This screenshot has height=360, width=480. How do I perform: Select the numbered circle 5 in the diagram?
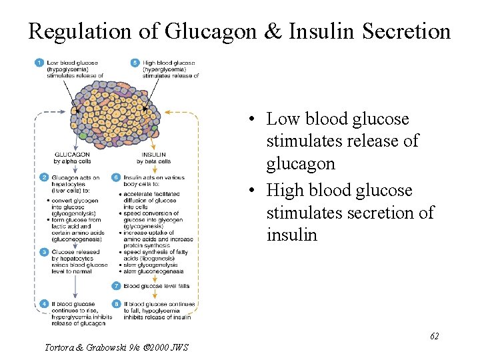135,63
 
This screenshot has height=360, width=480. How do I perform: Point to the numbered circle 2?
43,177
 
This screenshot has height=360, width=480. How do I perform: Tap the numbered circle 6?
117,177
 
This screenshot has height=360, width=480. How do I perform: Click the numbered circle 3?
43,252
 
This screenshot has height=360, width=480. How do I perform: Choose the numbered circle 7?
117,285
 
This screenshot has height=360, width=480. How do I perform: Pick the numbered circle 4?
43,305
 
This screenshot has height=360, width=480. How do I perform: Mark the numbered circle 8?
117,305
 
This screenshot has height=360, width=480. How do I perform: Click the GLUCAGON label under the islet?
72,155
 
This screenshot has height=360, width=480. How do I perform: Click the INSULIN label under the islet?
153,155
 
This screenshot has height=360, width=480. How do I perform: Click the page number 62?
434,336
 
